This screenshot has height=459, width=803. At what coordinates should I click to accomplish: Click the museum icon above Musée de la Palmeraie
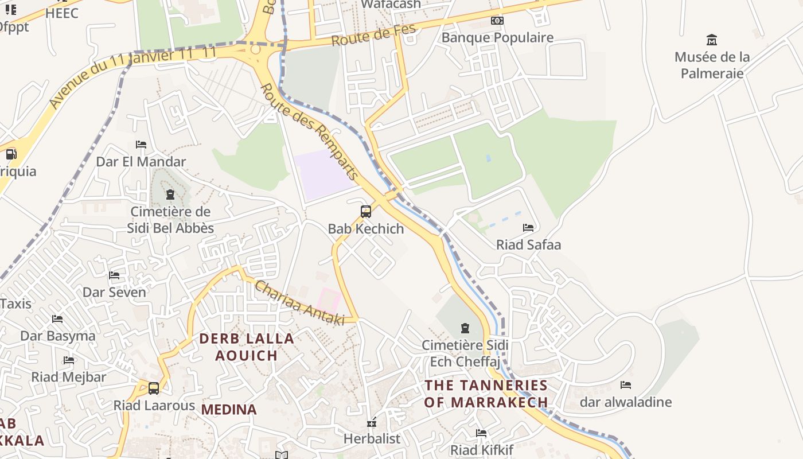pos(712,40)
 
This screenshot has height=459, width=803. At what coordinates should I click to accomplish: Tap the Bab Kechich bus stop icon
pos(365,211)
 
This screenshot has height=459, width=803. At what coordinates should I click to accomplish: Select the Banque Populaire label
pos(497,38)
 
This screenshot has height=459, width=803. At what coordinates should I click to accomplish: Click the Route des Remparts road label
pos(309,131)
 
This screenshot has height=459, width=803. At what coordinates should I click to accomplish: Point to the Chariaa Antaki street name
pos(299,304)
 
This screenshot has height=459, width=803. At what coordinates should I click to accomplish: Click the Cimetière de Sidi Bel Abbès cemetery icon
pos(170,195)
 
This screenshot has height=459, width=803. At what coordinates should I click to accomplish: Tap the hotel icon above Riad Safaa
pos(528,228)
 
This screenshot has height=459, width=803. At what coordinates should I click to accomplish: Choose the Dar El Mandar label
pos(141,161)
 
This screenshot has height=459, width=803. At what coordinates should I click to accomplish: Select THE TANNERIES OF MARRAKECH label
pos(486,393)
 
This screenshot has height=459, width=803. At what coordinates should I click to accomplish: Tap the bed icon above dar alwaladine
pos(626,385)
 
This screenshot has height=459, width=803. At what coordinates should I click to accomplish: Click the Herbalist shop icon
pos(372,423)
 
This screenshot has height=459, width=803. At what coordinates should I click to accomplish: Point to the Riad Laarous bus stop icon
pos(154,388)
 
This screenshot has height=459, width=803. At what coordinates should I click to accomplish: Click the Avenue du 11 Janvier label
pos(132,77)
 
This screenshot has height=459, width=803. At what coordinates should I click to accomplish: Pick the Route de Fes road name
pos(373,37)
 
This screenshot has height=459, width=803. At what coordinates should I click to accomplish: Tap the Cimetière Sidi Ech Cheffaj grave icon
pos(465,328)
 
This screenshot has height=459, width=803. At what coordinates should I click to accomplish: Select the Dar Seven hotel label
pos(114,292)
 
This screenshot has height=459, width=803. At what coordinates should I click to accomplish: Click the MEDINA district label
pos(229,410)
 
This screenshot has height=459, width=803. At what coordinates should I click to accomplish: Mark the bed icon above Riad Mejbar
pos(69,360)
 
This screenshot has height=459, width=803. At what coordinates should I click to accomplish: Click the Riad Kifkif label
pos(482,450)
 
